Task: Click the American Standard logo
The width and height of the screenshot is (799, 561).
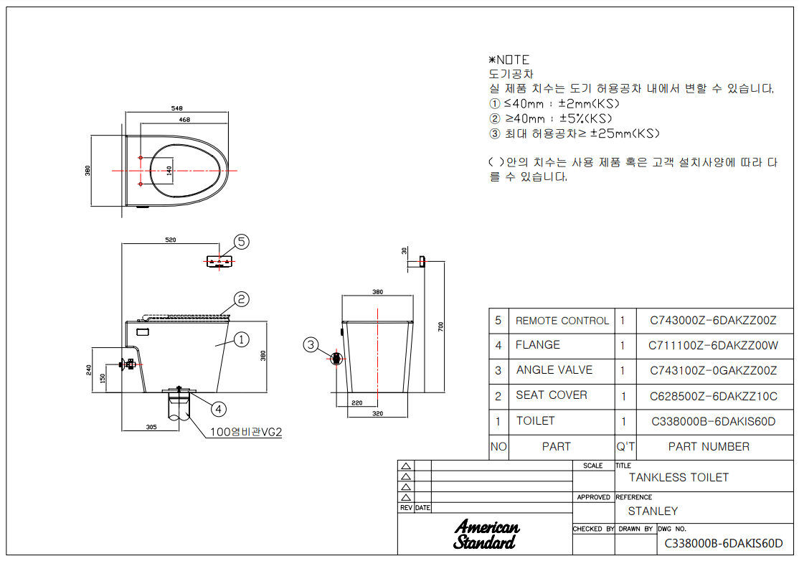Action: (486, 534)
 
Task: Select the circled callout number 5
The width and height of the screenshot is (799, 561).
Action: (242, 242)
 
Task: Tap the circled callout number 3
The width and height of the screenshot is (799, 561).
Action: (311, 345)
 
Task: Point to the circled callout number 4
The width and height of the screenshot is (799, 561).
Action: (219, 409)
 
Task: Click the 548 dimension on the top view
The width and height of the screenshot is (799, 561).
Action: (177, 108)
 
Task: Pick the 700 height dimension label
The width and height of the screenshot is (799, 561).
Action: (441, 326)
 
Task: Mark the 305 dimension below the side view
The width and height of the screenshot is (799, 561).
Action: (151, 427)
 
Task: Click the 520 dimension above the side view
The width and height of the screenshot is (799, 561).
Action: (171, 240)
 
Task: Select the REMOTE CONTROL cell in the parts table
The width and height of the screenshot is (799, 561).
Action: (562, 321)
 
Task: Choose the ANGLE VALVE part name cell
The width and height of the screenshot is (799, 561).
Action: (554, 370)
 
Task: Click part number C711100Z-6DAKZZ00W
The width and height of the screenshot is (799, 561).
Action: (714, 346)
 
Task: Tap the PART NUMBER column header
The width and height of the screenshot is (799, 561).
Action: (709, 447)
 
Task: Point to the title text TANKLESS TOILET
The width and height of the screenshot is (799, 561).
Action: (679, 478)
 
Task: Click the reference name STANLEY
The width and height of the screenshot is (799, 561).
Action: (653, 511)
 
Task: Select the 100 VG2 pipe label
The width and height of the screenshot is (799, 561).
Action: (245, 432)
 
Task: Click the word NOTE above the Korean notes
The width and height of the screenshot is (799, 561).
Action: (513, 60)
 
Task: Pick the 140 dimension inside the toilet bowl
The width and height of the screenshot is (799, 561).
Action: (169, 171)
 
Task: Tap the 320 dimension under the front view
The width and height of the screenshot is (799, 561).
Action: (377, 413)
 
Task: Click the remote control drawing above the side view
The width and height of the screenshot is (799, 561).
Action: (219, 261)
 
